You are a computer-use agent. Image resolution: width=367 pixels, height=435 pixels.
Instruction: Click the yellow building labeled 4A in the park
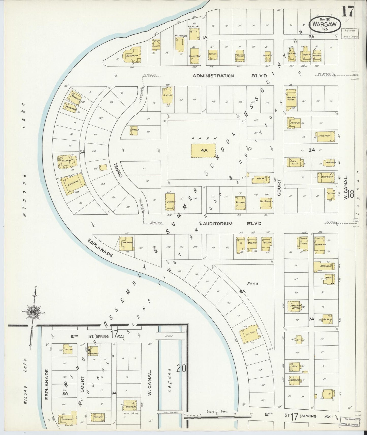pos(203,150)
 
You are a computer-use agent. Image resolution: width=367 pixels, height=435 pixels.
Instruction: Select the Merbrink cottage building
pos(132,55)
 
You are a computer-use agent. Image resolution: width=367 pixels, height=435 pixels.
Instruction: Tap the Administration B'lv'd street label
pos(213,76)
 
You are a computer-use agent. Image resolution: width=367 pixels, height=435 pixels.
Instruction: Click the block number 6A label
pos(243,292)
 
